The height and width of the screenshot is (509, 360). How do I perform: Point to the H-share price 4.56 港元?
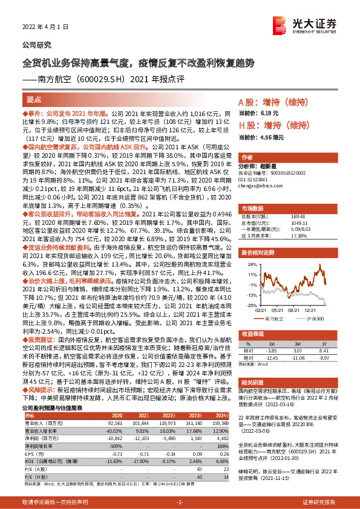(x=270, y=144)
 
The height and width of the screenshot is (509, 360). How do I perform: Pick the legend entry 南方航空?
(x=274, y=317)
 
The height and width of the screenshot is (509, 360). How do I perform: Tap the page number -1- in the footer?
(x=180, y=502)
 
